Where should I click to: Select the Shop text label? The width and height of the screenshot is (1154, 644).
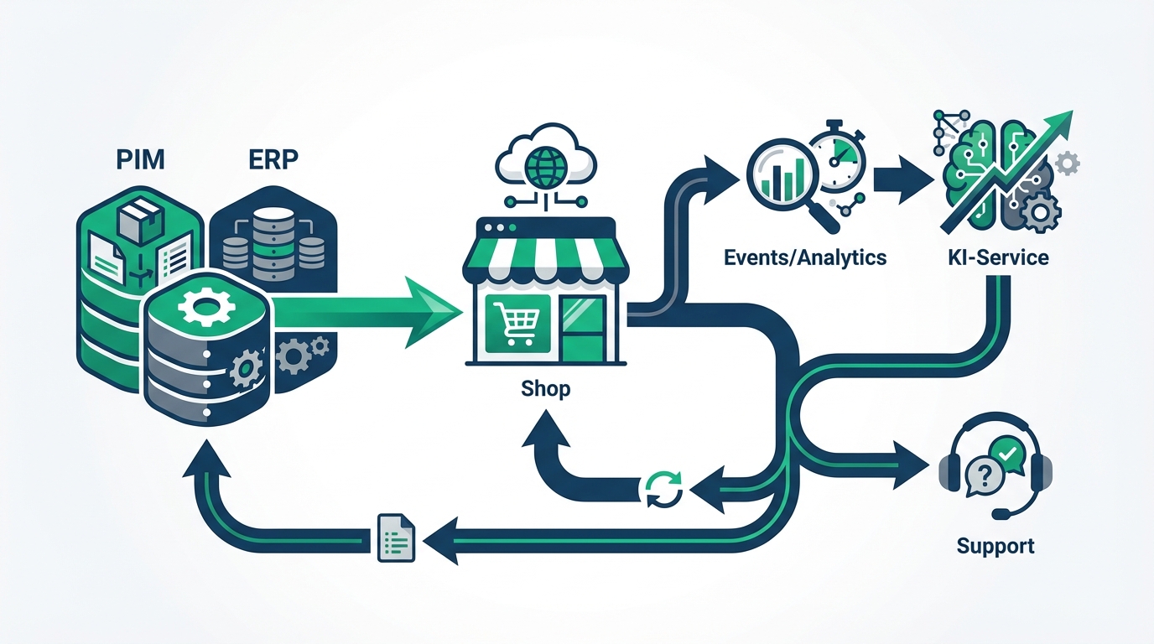click(x=545, y=389)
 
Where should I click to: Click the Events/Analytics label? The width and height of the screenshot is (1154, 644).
click(x=804, y=257)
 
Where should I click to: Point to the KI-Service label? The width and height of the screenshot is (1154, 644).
click(x=995, y=257)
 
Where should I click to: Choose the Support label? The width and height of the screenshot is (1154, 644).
click(x=995, y=546)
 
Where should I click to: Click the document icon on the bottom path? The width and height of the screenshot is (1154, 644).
click(x=393, y=537)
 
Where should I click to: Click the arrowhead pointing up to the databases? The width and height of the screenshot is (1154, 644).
click(x=207, y=461)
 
